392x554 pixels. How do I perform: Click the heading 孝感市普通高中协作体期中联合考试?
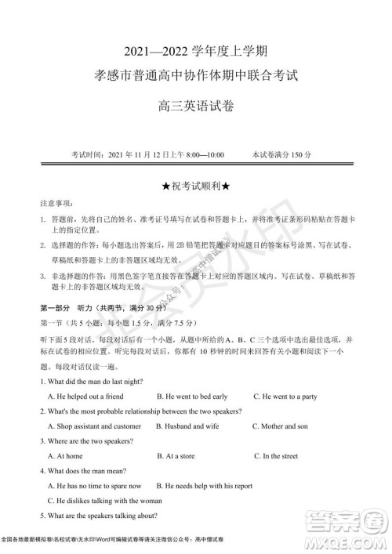click(x=196, y=78)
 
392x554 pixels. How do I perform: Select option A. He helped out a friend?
click(x=85, y=396)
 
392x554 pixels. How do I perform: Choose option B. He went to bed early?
click(x=192, y=396)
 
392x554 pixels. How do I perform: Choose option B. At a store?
click(x=177, y=455)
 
